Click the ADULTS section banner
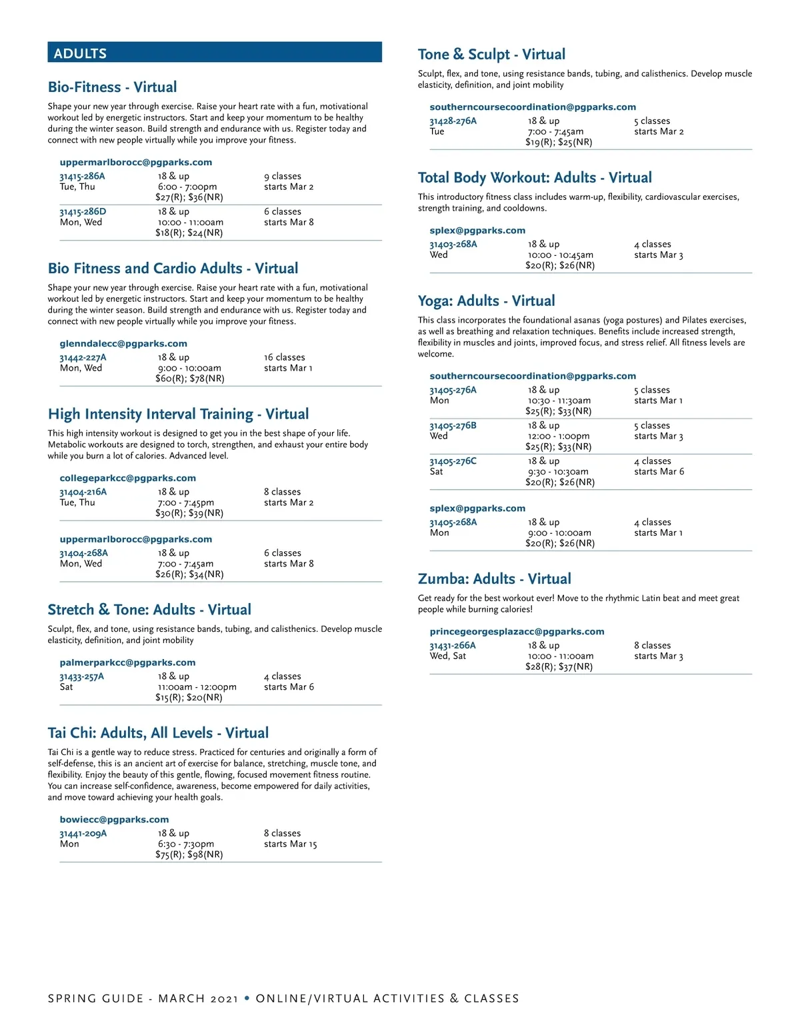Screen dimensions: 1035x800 pos(214,53)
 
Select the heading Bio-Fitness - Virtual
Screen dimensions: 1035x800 pos(112,87)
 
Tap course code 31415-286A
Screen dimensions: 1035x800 pos(82,177)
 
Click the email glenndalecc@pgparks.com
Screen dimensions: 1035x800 pos(123,344)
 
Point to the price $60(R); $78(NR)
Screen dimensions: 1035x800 pos(190,379)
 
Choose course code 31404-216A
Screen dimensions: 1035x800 pos(83,492)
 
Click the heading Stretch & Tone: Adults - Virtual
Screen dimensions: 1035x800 pos(149,610)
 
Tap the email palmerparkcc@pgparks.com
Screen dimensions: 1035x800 pos(127,662)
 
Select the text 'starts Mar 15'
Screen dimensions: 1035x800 pos(290,844)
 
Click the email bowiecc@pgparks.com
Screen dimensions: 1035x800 pos(114,820)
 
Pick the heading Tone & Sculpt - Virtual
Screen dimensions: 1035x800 pos(491,55)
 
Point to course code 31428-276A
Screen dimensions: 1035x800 pos(453,121)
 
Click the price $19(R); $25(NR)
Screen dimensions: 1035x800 pos(559,142)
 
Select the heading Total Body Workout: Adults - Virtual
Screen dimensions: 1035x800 pos(535,178)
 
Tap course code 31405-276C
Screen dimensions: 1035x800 pos(453,461)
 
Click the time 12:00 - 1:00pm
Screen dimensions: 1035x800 pos(559,436)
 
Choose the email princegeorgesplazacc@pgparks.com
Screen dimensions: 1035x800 pos(517,632)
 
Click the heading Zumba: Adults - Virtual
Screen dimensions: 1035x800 pos(494,579)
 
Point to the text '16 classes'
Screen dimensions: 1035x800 pos(284,357)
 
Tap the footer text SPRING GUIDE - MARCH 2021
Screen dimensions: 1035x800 pos(143,998)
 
